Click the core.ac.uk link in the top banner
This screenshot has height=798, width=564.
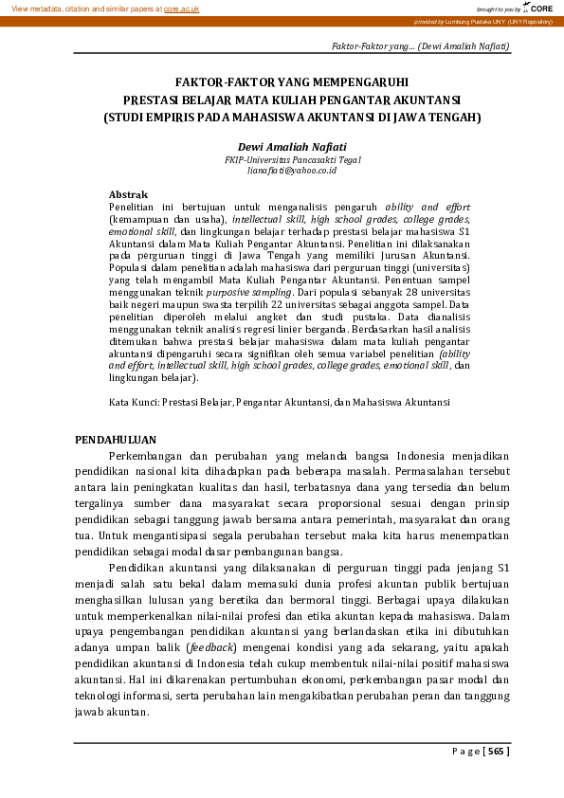click(181, 8)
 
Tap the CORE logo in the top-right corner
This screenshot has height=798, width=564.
click(538, 8)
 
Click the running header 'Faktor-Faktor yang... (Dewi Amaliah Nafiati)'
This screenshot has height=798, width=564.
click(420, 45)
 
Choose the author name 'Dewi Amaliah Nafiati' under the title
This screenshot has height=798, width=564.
click(292, 147)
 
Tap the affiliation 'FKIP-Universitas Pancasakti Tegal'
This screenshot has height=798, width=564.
click(292, 160)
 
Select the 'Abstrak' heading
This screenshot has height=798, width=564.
click(128, 194)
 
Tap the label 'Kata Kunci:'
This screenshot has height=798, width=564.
click(134, 403)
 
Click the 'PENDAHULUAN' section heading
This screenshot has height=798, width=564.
click(115, 440)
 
